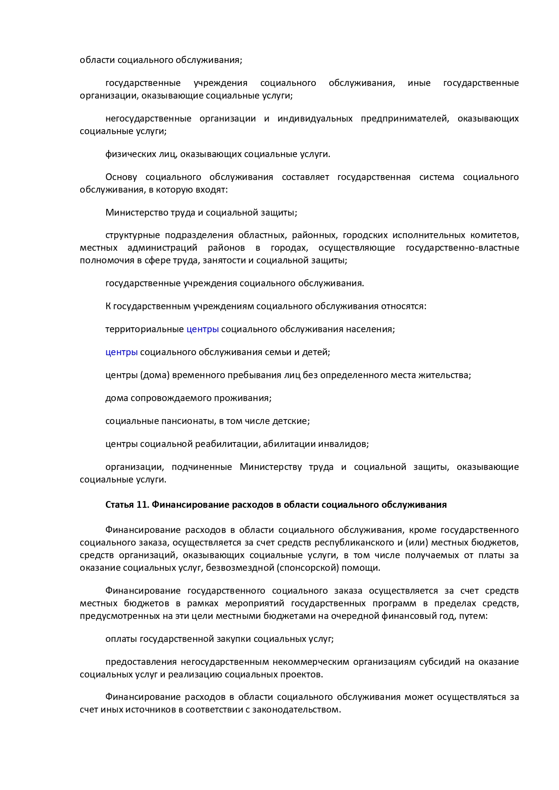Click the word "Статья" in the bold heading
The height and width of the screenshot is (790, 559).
[119, 505]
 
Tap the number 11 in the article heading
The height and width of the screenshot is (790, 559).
[142, 505]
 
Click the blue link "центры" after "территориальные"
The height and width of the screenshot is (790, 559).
[203, 329]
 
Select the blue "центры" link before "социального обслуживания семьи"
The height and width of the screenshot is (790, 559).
[122, 352]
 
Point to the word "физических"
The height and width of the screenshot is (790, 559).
[127, 154]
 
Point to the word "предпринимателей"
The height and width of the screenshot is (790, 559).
[404, 119]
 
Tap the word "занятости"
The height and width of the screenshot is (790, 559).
[223, 260]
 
